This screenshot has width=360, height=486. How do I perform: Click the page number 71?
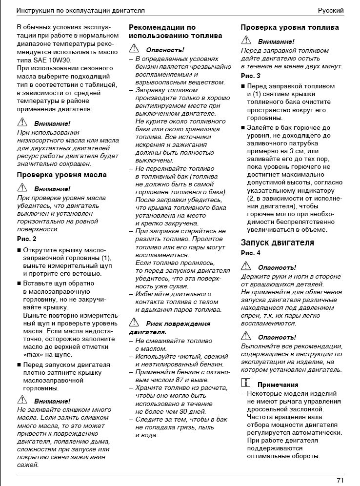coord(340,480)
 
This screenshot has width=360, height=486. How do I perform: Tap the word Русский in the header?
coord(331,10)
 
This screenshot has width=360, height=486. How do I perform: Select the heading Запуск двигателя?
coord(277,243)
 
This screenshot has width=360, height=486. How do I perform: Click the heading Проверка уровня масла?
coord(62,175)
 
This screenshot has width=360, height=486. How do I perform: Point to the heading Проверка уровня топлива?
coord(290,28)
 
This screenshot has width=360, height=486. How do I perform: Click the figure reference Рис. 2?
coord(27,239)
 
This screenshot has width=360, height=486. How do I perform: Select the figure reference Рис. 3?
coord(251,76)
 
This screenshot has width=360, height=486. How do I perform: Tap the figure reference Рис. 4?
coord(251,253)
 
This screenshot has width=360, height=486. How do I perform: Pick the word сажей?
coord(28,465)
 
